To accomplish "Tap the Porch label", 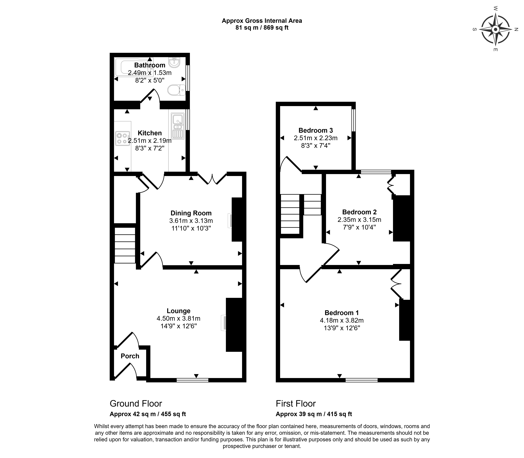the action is click(130, 356).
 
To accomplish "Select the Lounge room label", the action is click(178, 311).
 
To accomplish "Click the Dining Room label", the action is click(191, 213).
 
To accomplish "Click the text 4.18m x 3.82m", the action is click(342, 320).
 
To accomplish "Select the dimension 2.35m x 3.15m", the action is click(359, 220).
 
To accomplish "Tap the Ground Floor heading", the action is click(136, 404).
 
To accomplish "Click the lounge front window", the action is click(192, 380).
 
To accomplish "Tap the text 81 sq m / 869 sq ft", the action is click(262, 28).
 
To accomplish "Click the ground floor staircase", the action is click(125, 245).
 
